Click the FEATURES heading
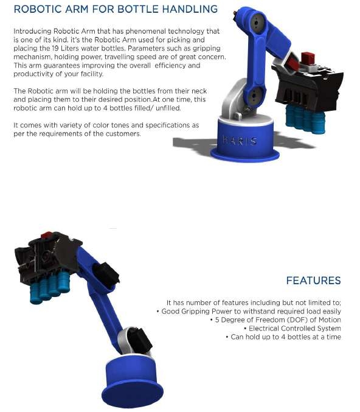[313, 281]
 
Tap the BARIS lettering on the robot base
[240, 141]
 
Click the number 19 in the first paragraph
[55, 48]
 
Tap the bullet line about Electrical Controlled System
[292, 329]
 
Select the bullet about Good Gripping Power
[249, 312]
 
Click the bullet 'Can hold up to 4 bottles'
[283, 337]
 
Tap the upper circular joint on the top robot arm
[256, 23]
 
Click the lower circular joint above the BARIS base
[254, 96]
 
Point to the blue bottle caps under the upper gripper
[305, 119]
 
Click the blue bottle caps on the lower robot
[50, 287]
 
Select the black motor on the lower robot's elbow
[106, 274]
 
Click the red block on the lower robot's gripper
[46, 235]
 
